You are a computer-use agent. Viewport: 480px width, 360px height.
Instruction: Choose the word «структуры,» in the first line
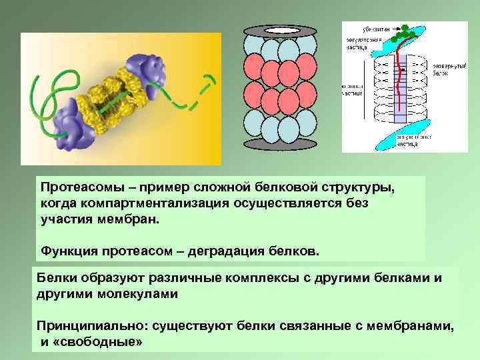coord(359,187)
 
